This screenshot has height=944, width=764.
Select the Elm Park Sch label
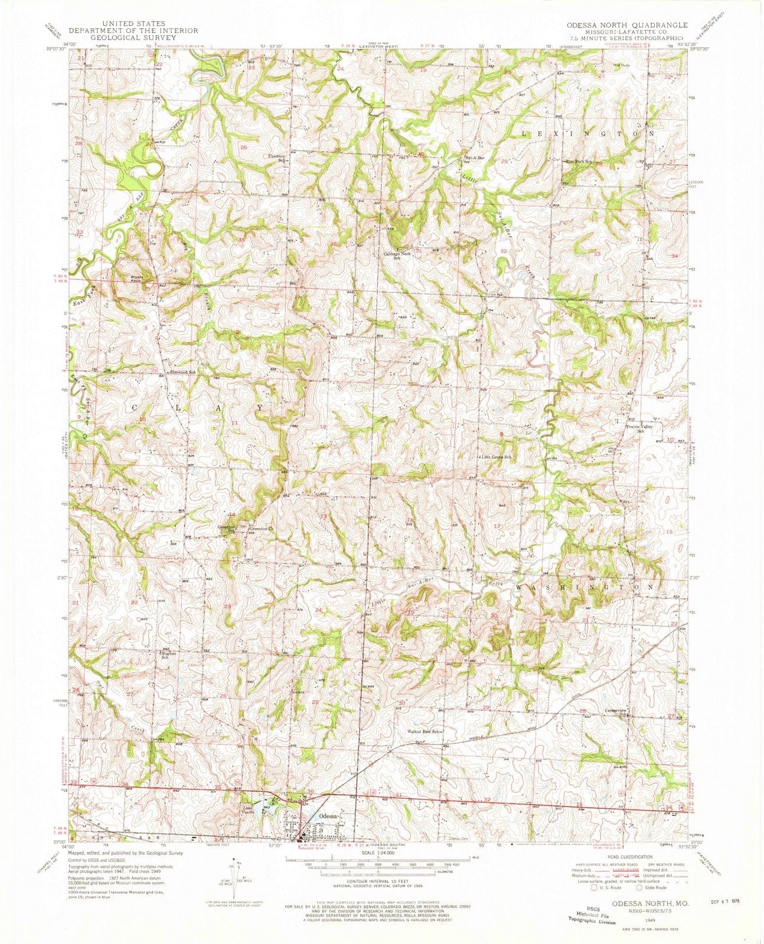(579, 161)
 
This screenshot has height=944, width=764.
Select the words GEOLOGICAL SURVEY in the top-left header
(133, 43)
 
